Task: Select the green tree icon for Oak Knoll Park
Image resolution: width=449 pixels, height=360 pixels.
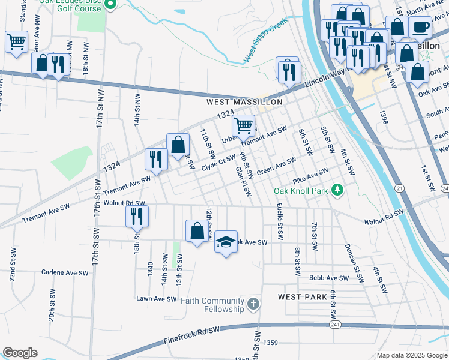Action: (x=338, y=191)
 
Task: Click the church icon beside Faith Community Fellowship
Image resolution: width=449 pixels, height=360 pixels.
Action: (x=253, y=304)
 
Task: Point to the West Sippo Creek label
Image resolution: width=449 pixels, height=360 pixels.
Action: (x=266, y=41)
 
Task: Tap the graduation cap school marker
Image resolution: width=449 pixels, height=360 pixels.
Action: (x=226, y=242)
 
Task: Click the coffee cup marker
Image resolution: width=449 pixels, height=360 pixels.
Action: (x=420, y=28)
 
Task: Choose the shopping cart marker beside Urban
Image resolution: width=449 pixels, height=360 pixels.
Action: (x=243, y=126)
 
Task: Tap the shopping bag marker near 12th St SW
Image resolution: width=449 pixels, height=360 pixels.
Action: (x=197, y=231)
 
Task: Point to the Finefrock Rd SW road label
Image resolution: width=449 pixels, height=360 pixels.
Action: (x=193, y=336)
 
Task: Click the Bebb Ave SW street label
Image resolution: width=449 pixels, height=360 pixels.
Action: (x=329, y=278)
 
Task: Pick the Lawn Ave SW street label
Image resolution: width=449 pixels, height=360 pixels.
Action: (x=157, y=299)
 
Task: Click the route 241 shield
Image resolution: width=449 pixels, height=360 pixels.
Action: (x=334, y=325)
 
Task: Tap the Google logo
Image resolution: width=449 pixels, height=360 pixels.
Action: (x=20, y=353)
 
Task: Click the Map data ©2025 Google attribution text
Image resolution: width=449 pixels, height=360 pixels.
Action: (x=411, y=355)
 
